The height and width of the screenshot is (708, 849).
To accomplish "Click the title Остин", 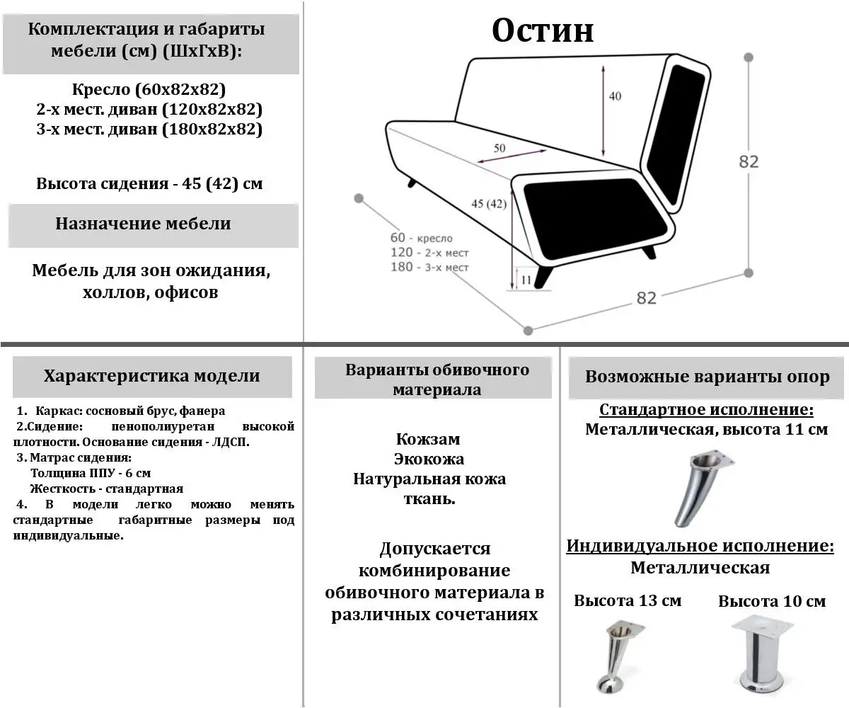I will pyautogui.click(x=543, y=30).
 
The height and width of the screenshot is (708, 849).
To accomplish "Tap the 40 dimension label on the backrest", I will pyautogui.click(x=615, y=96).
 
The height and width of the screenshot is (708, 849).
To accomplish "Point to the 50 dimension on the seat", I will pyautogui.click(x=499, y=148).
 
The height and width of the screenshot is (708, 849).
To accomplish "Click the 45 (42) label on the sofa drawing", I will pyautogui.click(x=489, y=204).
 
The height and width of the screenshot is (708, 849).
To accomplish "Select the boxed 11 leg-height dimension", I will pyautogui.click(x=525, y=280).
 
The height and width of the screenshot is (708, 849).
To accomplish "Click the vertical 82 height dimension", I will pyautogui.click(x=749, y=161).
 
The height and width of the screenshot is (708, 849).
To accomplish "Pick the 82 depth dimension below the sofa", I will pyautogui.click(x=646, y=298).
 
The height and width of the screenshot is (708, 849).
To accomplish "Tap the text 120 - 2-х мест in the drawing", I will pyautogui.click(x=429, y=253).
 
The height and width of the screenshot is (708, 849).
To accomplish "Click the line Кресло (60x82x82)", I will pyautogui.click(x=149, y=90).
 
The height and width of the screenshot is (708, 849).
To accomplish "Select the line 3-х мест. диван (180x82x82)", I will pyautogui.click(x=149, y=130).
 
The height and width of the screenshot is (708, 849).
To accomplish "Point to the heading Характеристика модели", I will pyautogui.click(x=151, y=376).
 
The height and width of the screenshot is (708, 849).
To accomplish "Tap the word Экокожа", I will pyautogui.click(x=429, y=459).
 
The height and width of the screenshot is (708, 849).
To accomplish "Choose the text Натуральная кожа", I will pyautogui.click(x=429, y=479).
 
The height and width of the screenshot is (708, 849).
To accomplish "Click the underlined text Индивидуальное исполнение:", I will pyautogui.click(x=700, y=547).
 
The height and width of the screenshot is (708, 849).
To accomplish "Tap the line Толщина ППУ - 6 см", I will pyautogui.click(x=91, y=473).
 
